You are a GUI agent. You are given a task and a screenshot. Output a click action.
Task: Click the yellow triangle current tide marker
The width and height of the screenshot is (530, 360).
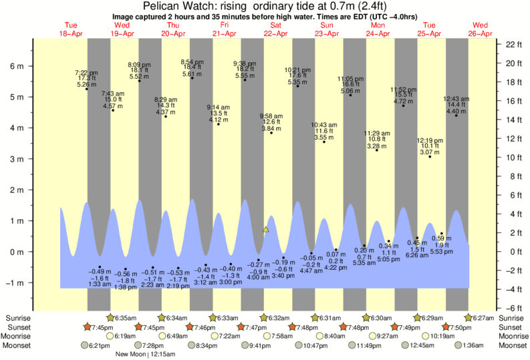[x=265, y=229]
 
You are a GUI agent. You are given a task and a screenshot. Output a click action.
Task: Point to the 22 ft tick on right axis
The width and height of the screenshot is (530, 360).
[x=513, y=45]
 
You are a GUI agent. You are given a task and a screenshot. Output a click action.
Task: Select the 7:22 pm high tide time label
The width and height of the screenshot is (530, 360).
[x=87, y=73]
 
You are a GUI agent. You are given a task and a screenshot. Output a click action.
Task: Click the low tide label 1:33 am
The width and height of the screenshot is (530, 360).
[x=99, y=284]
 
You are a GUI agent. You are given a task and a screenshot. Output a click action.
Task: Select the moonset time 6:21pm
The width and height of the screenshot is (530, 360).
[x=98, y=345]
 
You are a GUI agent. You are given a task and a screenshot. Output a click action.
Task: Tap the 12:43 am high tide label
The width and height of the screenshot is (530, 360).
[x=456, y=99]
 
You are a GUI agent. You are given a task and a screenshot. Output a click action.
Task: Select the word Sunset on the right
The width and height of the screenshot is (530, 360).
[x=510, y=327]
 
